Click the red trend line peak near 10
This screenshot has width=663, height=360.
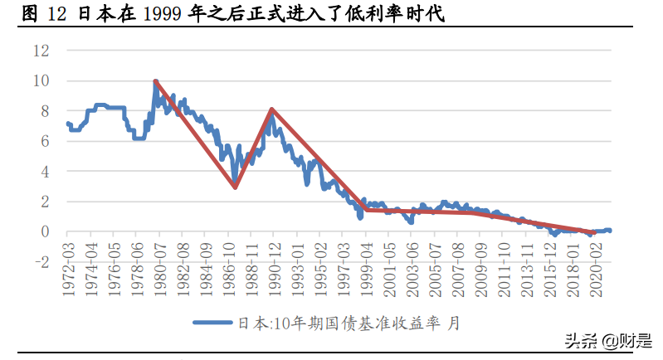point(155,81)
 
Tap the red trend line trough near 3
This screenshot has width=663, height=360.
point(235,187)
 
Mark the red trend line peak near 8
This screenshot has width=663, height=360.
point(271,109)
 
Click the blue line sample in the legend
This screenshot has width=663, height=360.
point(213,324)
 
